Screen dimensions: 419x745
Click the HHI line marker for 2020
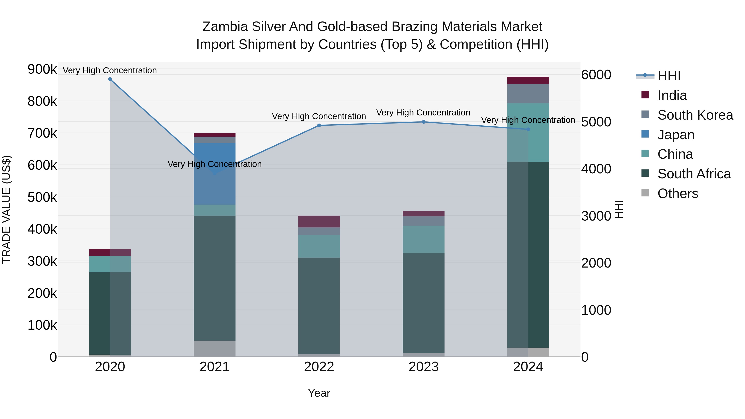pyautogui.click(x=110, y=79)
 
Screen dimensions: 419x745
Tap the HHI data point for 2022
pyautogui.click(x=319, y=126)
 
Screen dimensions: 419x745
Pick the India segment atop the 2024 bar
pyautogui.click(x=528, y=80)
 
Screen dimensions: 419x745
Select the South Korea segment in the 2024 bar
pyautogui.click(x=528, y=94)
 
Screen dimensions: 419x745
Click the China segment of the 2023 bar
pyautogui.click(x=424, y=239)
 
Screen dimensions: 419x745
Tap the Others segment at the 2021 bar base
pyautogui.click(x=214, y=349)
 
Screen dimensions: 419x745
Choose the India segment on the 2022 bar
pyautogui.click(x=319, y=221)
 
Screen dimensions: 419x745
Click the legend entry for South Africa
pyautogui.click(x=694, y=174)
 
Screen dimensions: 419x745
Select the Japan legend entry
pyautogui.click(x=676, y=135)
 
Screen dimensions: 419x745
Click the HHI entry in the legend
pyautogui.click(x=669, y=76)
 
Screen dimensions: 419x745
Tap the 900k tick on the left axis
pyautogui.click(x=42, y=69)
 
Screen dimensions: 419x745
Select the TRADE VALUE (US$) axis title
pyautogui.click(x=6, y=209)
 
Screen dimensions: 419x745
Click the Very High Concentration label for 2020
pyautogui.click(x=110, y=71)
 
